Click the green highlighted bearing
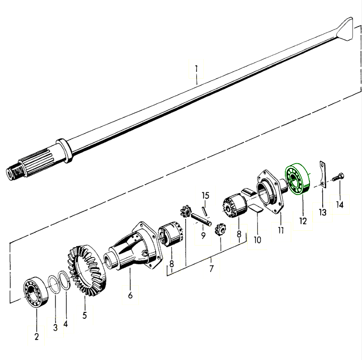(298, 179)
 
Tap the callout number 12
(303, 221)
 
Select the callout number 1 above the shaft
(196, 69)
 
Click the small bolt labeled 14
(338, 178)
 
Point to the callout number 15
(205, 195)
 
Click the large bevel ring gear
(86, 270)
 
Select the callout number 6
(130, 295)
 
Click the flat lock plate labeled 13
(323, 174)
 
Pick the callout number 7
(211, 269)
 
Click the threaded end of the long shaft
(14, 170)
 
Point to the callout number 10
(257, 240)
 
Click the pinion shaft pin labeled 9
(201, 220)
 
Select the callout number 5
(84, 315)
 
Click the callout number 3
(55, 327)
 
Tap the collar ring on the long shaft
(64, 151)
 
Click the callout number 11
(280, 230)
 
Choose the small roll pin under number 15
(204, 212)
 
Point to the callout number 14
(339, 205)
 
